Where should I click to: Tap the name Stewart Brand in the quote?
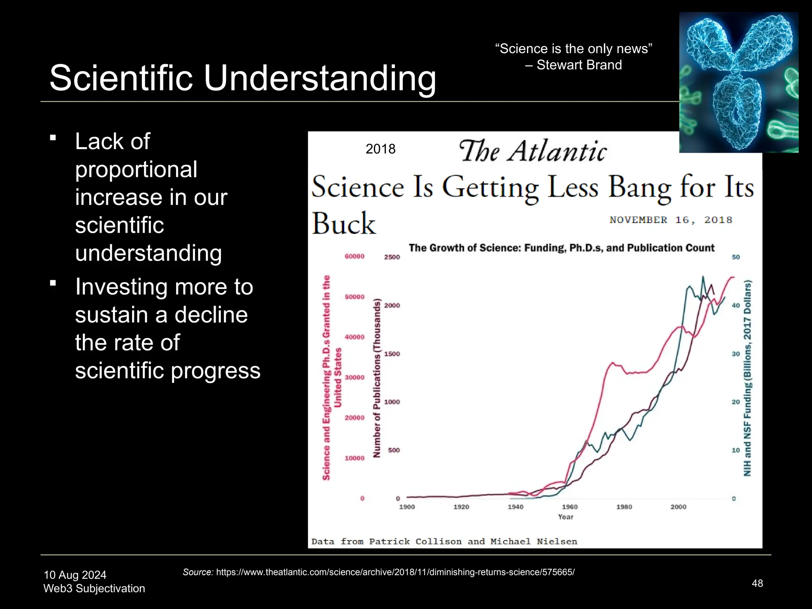pos(579,65)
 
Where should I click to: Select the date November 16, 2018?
pos(670,220)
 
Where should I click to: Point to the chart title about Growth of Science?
pos(561,248)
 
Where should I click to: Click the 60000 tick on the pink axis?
pos(354,257)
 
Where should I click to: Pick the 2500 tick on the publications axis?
pos(392,257)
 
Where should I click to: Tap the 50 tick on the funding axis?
pos(735,257)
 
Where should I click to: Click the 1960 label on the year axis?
pos(569,507)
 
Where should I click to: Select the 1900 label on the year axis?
pos(407,507)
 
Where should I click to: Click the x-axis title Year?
pos(565,517)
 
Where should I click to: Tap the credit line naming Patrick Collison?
pos(444,542)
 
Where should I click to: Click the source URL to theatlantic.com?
pos(395,572)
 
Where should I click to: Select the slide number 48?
pos(757,583)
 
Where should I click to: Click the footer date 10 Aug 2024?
pos(75,575)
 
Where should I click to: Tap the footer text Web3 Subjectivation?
pos(94,588)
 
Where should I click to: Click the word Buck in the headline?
pos(343,224)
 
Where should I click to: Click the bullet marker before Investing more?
pos(53,283)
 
